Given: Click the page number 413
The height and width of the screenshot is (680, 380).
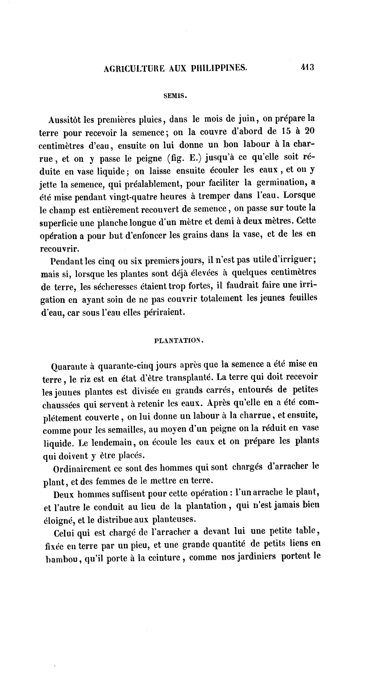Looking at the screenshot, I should [x=307, y=68].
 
